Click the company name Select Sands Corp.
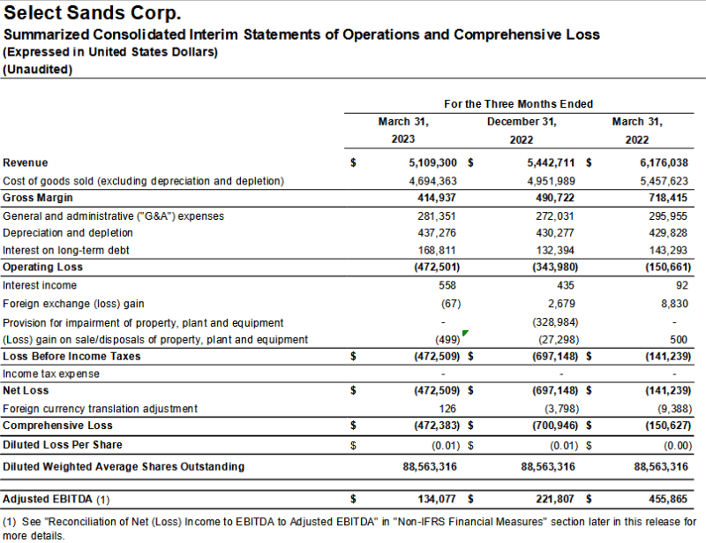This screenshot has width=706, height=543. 93,14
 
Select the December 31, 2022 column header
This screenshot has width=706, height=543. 522,130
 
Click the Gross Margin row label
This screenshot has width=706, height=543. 38,198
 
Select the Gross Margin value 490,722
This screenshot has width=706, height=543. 555,198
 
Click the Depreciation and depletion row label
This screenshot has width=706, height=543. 68,233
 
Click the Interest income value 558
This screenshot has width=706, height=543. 448,285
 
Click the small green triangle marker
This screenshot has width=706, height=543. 465,334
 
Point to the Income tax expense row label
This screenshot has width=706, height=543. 51,373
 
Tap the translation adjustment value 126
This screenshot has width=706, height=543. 450,409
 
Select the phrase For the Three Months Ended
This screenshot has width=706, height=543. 518,104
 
